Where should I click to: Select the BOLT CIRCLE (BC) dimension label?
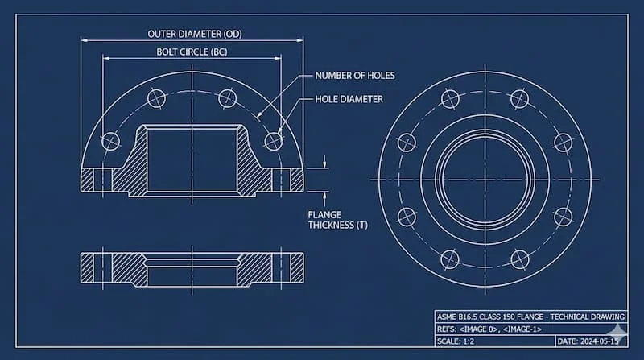tap(192, 52)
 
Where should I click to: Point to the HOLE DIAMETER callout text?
tap(348, 99)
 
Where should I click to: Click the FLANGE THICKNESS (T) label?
tap(337, 220)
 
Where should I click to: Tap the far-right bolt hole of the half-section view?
tap(274, 140)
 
